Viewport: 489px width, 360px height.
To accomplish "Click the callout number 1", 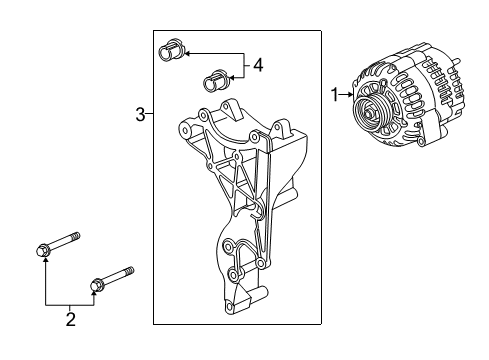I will pos(335,95).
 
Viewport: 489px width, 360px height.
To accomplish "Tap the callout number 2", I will pos(70,321).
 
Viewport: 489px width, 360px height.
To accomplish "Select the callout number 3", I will pos(140,116).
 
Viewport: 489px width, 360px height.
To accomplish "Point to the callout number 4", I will pos(257,66).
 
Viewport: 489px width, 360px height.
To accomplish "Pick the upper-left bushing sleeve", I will pos(168,49).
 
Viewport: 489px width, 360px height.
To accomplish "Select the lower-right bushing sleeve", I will pos(214,78).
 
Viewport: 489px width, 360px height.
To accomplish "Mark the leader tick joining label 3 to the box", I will pos(150,116).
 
